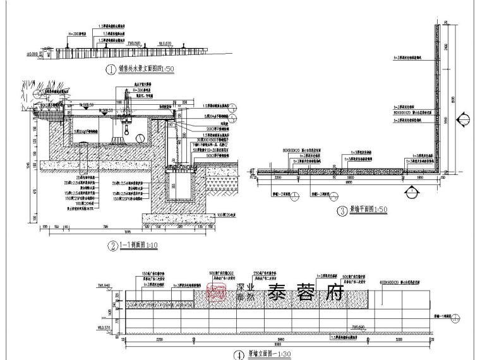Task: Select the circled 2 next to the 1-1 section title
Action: [x=111, y=246]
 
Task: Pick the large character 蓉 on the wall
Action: [x=312, y=293]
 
